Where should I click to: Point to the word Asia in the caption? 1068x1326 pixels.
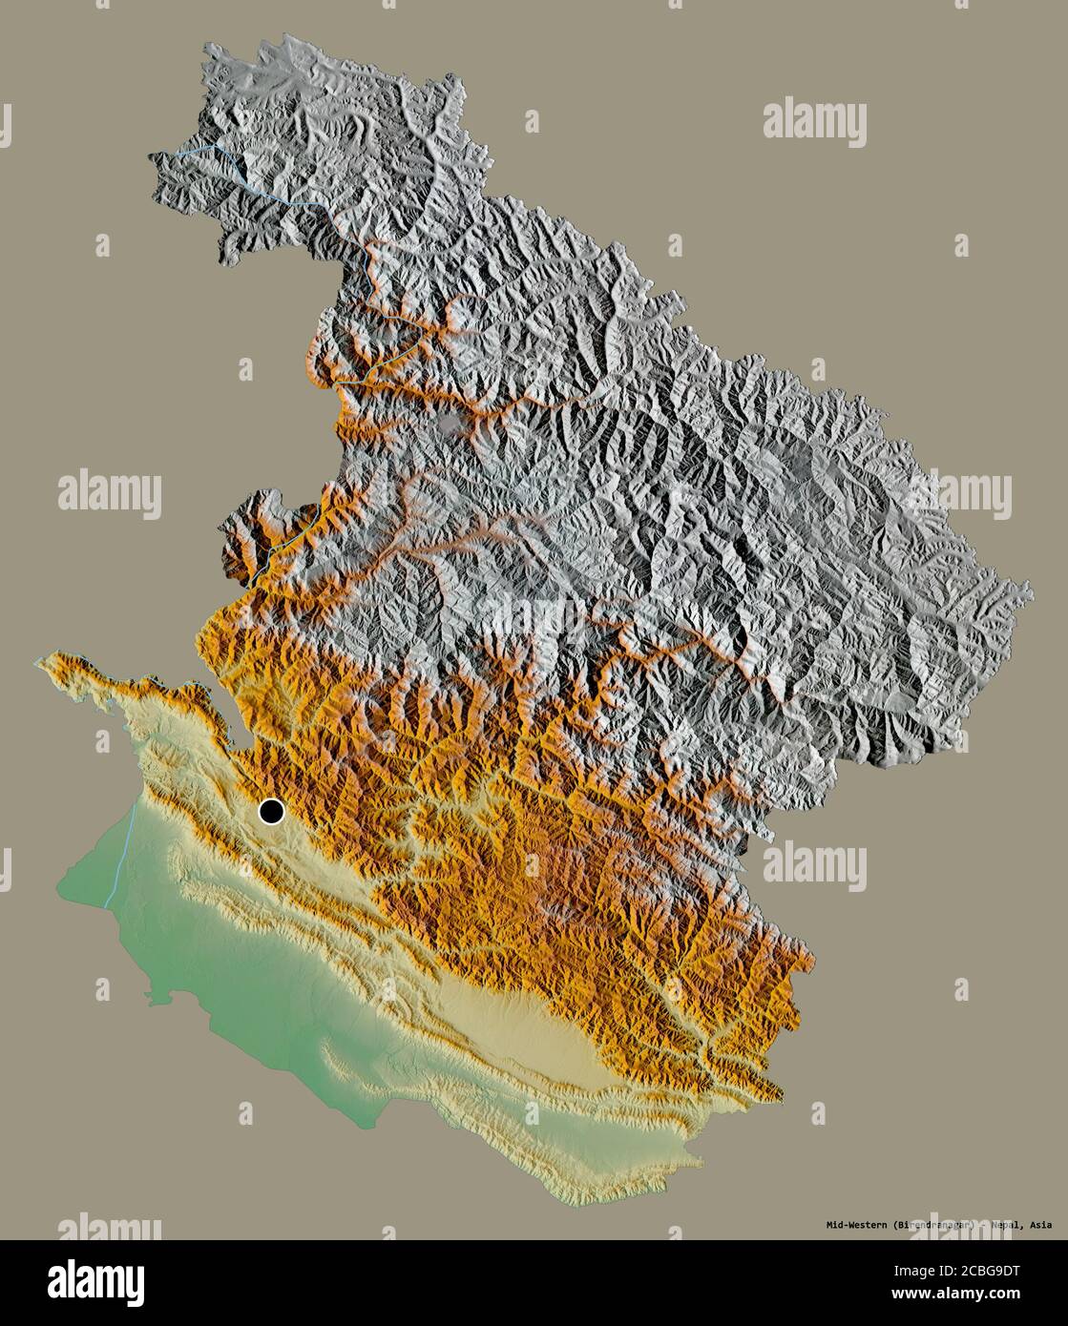(x=1042, y=1225)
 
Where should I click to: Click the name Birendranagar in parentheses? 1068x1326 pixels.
(x=939, y=1225)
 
